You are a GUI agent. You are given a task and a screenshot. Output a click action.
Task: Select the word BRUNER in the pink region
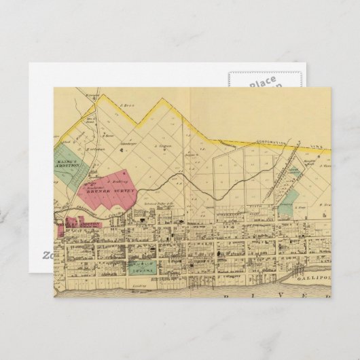(x=94, y=192)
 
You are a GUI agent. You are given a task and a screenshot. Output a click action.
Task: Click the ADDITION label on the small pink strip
(x=89, y=223)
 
